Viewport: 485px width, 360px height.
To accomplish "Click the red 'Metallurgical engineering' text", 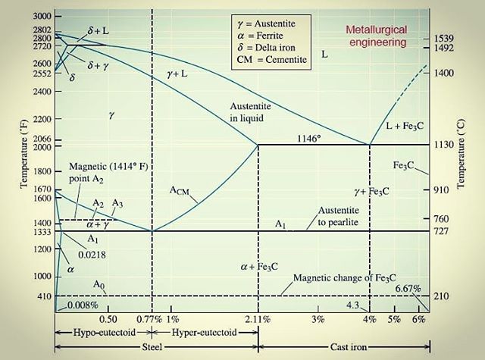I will (x=377, y=36).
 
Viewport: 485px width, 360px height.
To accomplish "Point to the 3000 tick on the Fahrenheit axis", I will (x=42, y=16).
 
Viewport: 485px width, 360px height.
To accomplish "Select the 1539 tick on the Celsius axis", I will (x=445, y=38).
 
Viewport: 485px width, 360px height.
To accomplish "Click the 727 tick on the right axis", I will (x=443, y=231).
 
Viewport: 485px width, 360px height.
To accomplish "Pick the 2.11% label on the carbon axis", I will (x=258, y=319).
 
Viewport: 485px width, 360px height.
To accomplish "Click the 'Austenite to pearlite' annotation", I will (x=343, y=214).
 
